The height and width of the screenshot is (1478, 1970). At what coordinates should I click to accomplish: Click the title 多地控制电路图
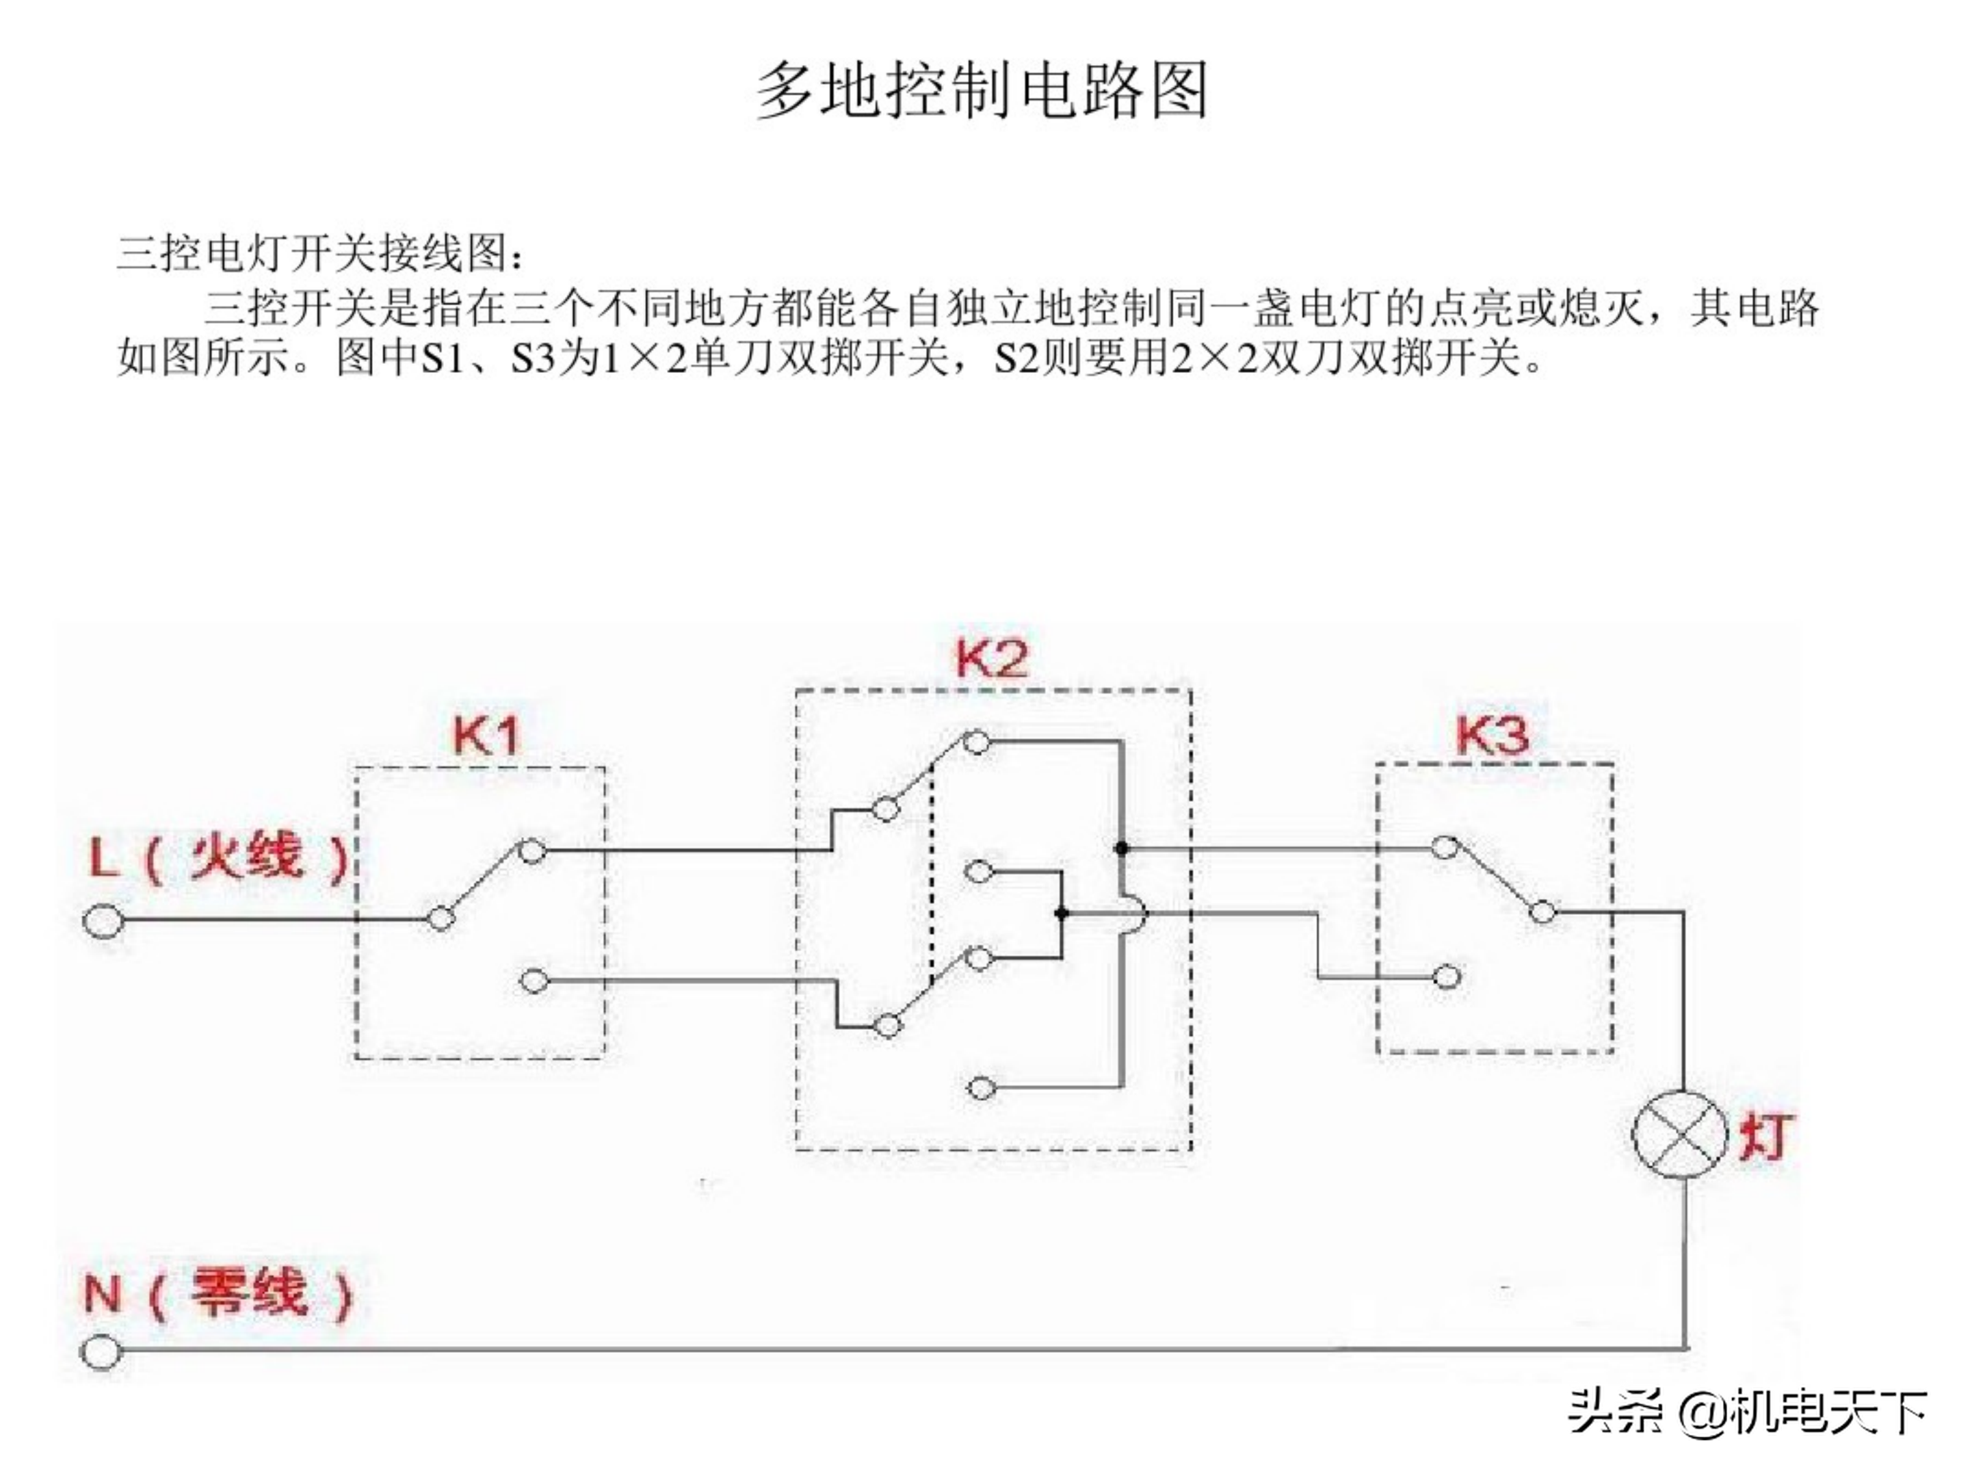click(982, 90)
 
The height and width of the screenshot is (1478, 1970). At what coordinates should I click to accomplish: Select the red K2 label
click(991, 658)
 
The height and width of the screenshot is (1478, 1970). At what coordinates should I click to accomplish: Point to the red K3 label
click(1493, 734)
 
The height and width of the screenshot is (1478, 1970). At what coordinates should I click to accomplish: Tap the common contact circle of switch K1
click(441, 918)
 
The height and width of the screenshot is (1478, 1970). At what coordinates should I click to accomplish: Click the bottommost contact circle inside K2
click(980, 1088)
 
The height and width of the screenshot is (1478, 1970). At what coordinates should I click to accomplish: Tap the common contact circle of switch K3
click(1543, 912)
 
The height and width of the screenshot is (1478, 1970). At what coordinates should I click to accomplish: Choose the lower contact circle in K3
click(1448, 977)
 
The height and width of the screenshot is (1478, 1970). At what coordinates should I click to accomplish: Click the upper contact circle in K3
click(1445, 846)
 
